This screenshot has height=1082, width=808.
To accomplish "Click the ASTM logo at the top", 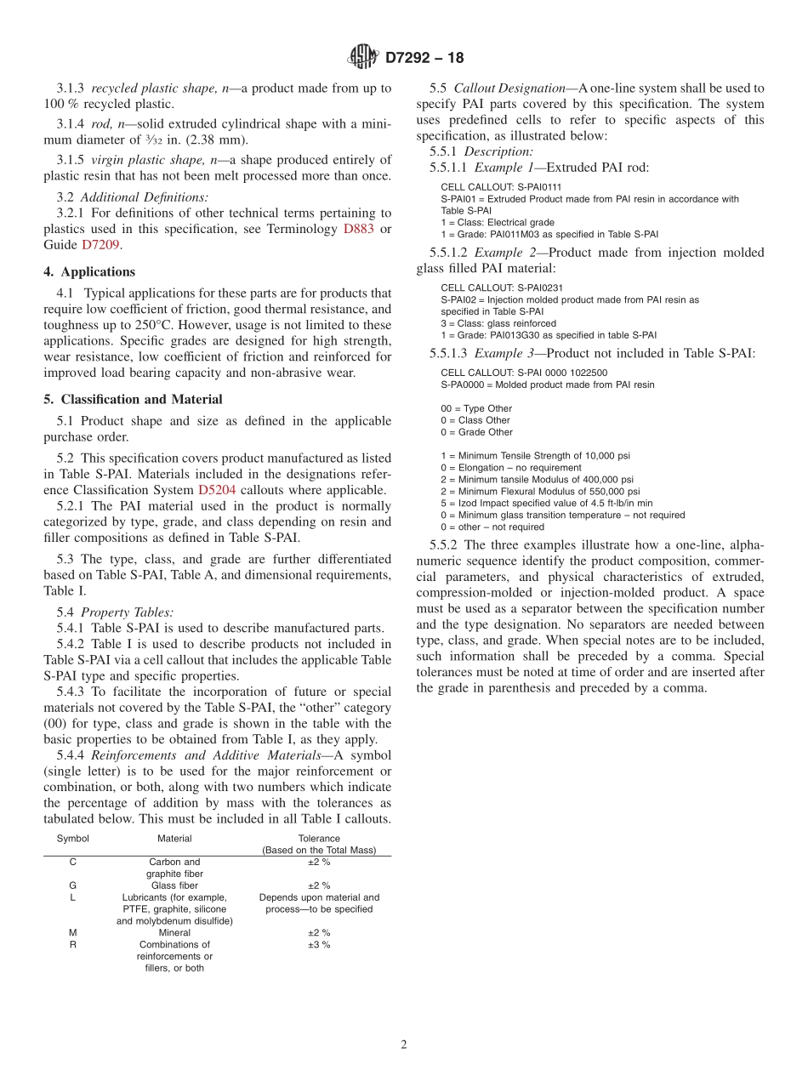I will (364, 58).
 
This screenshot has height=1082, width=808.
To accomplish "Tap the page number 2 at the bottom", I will (404, 1045).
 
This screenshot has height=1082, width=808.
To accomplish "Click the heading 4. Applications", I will (89, 272).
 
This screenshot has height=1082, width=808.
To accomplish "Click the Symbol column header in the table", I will (72, 838).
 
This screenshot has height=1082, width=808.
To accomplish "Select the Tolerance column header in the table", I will (319, 838).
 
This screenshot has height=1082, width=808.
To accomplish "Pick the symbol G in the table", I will (72, 886).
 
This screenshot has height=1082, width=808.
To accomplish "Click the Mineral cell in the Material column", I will (174, 932).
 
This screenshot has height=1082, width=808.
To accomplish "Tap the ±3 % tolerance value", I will (319, 944).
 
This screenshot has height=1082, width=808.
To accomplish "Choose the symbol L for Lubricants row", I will (72, 897).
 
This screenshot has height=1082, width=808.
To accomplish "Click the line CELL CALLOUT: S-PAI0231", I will (501, 288).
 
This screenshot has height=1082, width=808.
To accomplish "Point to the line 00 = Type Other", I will (476, 408).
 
